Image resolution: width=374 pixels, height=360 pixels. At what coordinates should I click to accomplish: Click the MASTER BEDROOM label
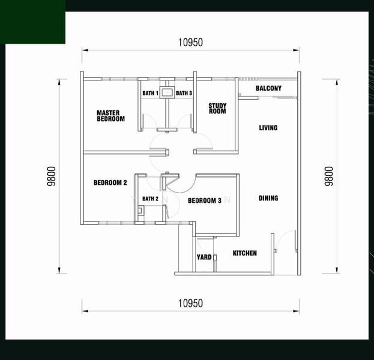[x=110, y=116]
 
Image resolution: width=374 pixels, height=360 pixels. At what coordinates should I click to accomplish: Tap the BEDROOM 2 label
[x=110, y=183]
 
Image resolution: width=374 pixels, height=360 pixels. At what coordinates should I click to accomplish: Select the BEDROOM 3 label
[x=205, y=200]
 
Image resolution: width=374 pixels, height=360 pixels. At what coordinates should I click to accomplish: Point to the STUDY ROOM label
[x=217, y=109]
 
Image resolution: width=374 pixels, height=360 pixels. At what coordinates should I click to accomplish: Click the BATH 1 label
[x=150, y=93]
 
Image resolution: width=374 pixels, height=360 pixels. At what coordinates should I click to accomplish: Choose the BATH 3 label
[x=184, y=93]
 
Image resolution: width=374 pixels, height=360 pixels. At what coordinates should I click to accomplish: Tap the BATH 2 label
[x=150, y=199]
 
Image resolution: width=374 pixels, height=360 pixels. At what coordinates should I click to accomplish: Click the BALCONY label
[x=268, y=89]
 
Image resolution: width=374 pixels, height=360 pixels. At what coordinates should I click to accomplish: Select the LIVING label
[x=268, y=128]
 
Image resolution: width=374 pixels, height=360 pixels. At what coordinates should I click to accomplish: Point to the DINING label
[x=268, y=199]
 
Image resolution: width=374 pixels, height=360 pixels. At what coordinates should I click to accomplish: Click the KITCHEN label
[x=245, y=253]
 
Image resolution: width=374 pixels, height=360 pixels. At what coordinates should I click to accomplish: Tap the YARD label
[x=204, y=258]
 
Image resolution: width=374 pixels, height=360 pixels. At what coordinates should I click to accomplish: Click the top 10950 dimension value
[x=190, y=42]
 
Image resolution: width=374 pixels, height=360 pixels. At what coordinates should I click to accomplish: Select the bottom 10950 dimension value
[x=190, y=303]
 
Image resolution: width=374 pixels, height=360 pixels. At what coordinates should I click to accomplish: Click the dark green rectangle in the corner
[x=32, y=22]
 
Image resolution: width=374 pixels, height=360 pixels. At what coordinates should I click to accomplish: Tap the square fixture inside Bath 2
[x=140, y=211]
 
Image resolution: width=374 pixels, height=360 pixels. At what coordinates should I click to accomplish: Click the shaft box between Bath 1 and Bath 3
[x=167, y=92]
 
